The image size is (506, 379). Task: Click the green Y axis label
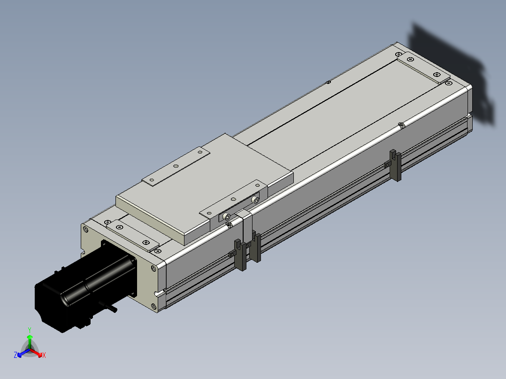(30, 330)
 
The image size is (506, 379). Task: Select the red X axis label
(44, 355)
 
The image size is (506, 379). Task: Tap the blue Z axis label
(15, 355)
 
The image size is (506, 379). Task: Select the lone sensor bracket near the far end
(395, 165)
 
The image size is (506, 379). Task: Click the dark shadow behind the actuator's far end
(452, 74)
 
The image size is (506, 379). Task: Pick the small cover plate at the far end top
(423, 68)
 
